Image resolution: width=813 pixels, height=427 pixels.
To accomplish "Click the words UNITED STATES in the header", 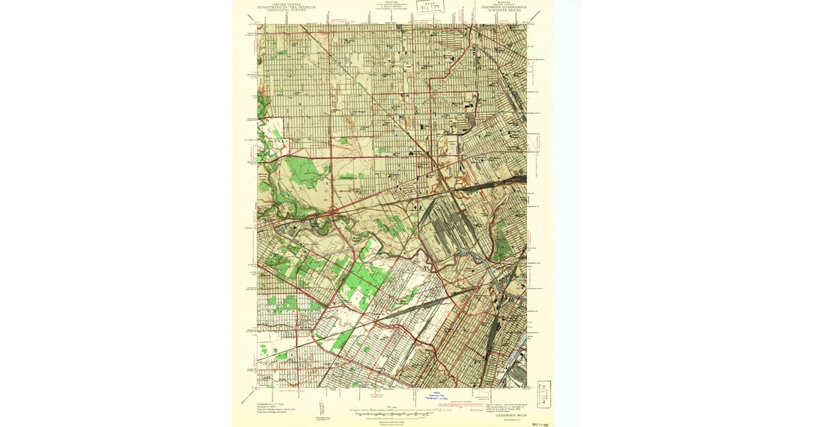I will click(x=285, y=4).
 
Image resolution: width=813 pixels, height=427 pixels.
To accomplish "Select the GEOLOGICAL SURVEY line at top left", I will click(x=285, y=11).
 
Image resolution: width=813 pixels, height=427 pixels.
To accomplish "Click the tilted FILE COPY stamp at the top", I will click(x=430, y=7).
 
